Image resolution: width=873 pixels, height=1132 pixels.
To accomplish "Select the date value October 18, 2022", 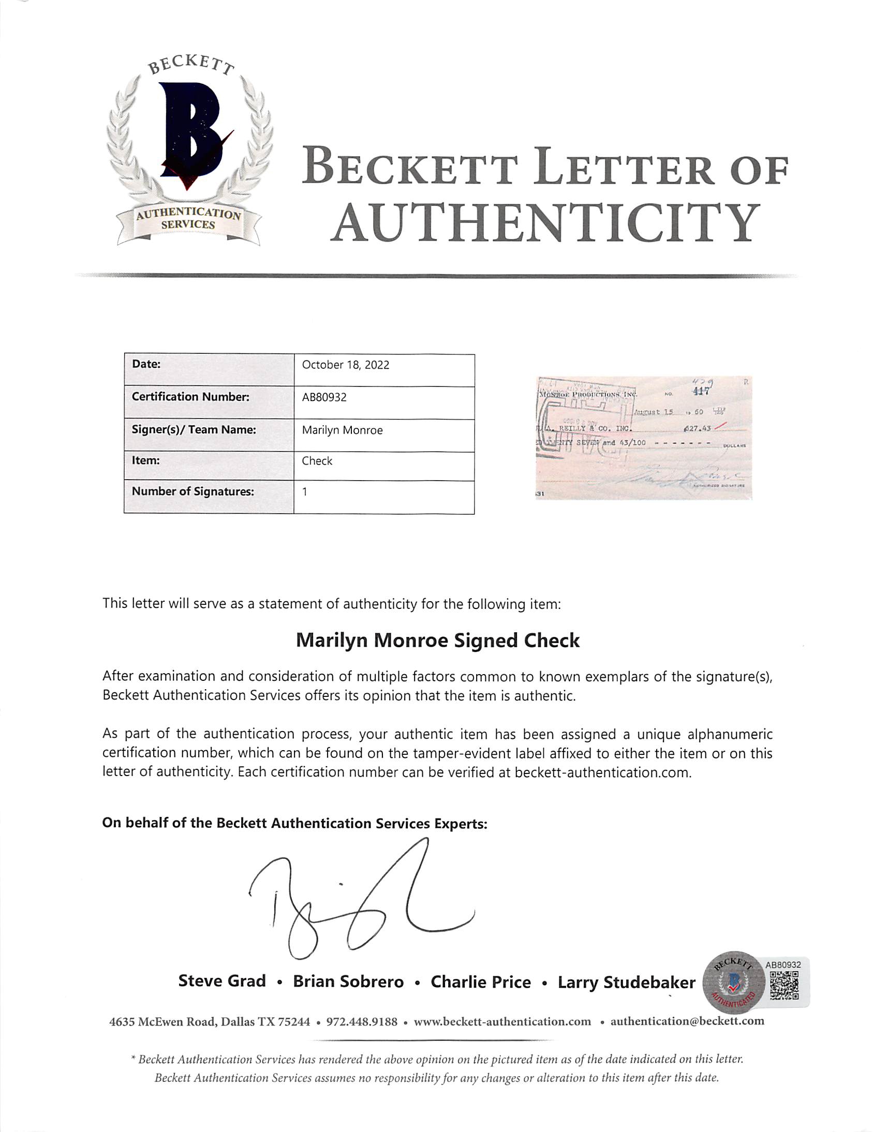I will (345, 365).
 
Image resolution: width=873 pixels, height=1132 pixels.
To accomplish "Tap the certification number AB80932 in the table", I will (324, 397).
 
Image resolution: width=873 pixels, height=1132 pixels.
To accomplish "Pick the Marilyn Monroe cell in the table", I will (342, 430).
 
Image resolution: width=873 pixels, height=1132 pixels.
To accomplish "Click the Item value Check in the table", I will (317, 461).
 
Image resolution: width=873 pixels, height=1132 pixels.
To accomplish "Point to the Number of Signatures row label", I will (193, 491).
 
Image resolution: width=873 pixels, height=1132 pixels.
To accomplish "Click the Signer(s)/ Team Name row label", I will (194, 430).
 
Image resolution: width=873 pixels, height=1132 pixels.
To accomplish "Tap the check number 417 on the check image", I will (701, 391).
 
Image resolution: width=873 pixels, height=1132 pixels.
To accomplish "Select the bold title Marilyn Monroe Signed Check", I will (437, 641).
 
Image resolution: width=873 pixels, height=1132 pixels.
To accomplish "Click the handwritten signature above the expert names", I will (358, 902).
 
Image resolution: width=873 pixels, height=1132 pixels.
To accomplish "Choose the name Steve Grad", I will (222, 981).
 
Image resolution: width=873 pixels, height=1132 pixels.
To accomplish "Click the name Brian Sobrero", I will (348, 981).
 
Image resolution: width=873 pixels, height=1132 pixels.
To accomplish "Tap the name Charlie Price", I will (481, 982).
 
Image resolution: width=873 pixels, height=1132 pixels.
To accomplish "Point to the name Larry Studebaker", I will (626, 982).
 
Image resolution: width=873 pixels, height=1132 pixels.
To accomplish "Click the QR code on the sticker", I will (784, 985).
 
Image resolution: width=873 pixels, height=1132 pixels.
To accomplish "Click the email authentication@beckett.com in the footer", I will (687, 1021).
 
